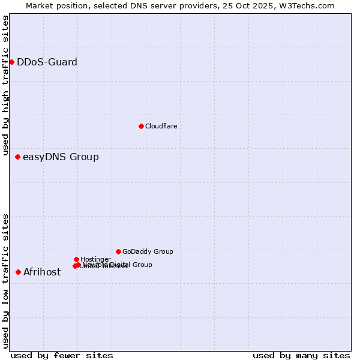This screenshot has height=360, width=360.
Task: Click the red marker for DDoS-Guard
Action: tap(11, 62)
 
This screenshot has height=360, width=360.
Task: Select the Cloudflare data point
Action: tap(141, 126)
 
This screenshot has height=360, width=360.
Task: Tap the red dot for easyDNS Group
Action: tap(17, 157)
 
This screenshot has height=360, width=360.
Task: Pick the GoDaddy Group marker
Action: tap(118, 251)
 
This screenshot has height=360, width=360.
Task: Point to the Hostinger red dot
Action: tap(76, 259)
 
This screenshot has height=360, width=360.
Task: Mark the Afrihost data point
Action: tap(18, 272)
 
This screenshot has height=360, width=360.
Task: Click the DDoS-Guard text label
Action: tap(47, 62)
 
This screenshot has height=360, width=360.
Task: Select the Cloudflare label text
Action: tap(161, 126)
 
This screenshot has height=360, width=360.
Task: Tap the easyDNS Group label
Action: tap(61, 157)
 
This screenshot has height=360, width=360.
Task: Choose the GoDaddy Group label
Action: tap(148, 251)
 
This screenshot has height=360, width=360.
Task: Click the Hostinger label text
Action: tap(95, 259)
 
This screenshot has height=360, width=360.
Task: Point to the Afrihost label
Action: tap(42, 272)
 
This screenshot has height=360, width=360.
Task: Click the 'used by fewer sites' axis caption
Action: tap(62, 355)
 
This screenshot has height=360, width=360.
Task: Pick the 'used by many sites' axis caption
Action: tap(301, 355)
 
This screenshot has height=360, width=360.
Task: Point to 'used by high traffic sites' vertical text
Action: tap(5, 85)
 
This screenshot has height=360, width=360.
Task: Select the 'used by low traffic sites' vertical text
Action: tap(5, 281)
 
